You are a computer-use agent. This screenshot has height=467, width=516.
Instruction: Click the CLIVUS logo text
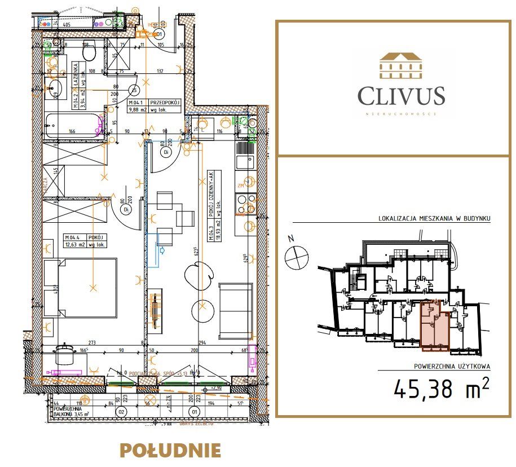[x=401, y=96]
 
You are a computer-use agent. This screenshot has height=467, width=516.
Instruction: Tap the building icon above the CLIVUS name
[x=401, y=65]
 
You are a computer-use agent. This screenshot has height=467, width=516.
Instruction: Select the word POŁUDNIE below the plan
[x=170, y=450]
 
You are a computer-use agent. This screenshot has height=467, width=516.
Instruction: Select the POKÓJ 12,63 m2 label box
[x=85, y=240]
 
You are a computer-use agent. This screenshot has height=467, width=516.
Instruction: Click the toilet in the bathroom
[x=89, y=53]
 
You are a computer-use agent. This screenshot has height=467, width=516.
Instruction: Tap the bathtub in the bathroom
[x=72, y=126]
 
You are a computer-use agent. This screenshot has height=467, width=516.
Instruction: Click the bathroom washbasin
[x=54, y=87]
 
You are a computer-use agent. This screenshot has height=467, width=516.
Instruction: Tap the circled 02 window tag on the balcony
[x=121, y=412]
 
